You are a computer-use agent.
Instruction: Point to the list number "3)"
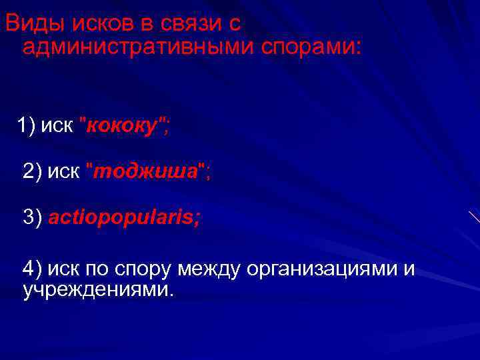[32, 217]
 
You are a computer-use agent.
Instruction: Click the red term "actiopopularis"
[123, 217]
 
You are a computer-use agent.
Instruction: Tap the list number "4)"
[32, 269]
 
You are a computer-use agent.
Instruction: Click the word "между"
[211, 269]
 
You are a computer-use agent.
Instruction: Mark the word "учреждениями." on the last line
[97, 290]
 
